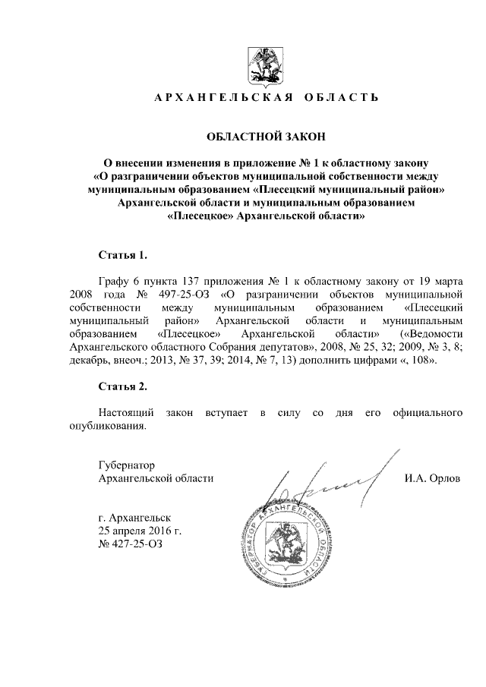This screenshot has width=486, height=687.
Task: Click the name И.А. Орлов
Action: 433,478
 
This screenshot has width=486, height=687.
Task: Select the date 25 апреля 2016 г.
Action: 140,531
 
